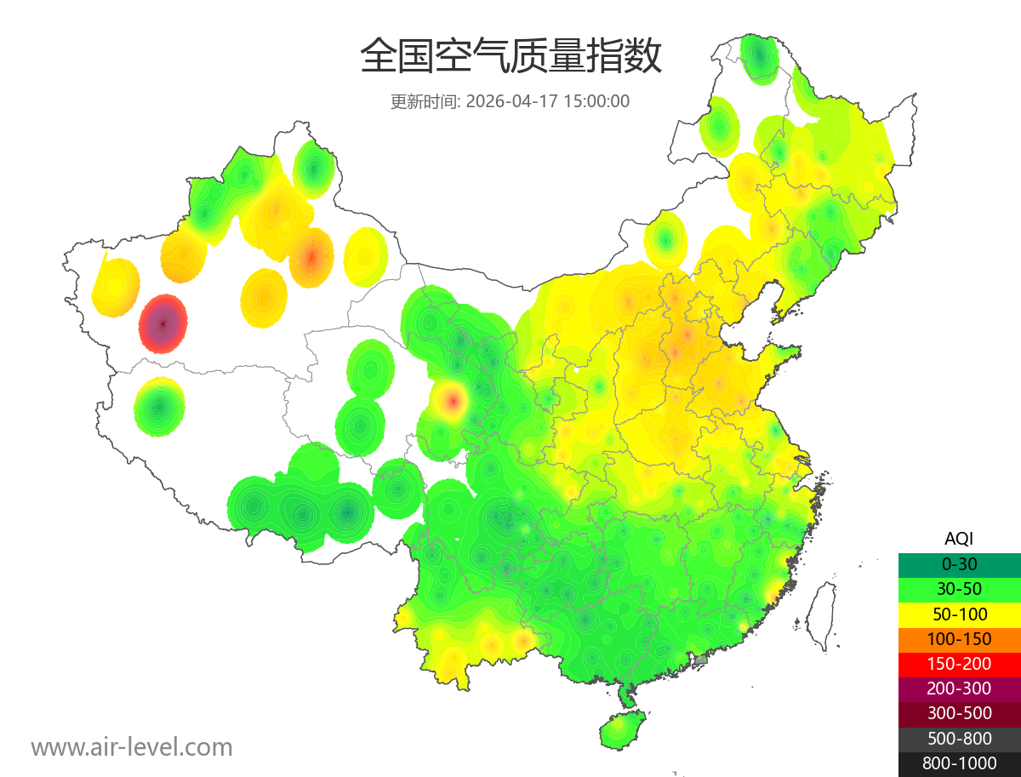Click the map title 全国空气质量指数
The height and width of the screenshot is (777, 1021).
[x=510, y=58]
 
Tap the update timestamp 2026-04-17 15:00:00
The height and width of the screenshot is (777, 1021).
[x=548, y=101]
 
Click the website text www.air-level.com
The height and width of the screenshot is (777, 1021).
[x=132, y=747]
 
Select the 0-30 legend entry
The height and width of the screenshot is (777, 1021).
[x=959, y=563]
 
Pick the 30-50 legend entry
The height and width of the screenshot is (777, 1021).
[x=959, y=588]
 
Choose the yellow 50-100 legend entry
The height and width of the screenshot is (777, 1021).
[x=959, y=614]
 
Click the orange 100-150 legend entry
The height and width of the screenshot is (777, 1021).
[x=959, y=638]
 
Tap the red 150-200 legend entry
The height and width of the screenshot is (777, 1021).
[x=959, y=663]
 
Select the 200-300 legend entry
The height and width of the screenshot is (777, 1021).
[x=959, y=688]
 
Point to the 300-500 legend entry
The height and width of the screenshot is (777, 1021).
[x=959, y=713]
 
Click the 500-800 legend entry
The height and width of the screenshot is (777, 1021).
[x=959, y=739]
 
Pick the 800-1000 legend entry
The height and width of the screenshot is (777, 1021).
[x=959, y=763]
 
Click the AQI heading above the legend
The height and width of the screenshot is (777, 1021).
[x=959, y=538]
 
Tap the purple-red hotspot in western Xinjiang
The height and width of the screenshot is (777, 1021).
[x=163, y=323]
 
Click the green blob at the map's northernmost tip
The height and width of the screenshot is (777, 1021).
[x=759, y=58]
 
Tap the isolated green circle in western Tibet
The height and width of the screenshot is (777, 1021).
[x=159, y=406]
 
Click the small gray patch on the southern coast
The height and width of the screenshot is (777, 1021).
[x=701, y=660]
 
